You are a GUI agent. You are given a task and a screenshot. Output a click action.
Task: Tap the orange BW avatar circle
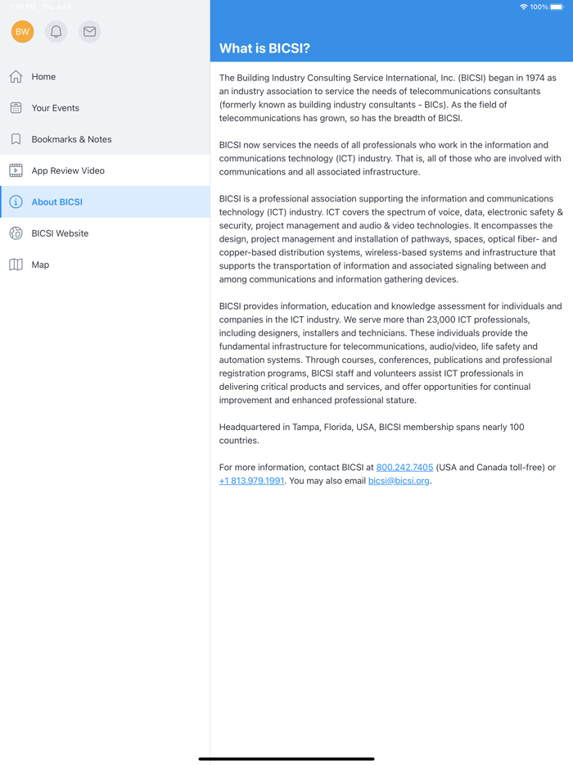click(x=23, y=32)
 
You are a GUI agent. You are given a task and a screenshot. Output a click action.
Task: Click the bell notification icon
click(x=56, y=32)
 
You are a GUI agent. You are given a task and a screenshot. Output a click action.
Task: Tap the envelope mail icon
click(x=90, y=32)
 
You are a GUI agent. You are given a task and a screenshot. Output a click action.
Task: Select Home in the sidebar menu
click(x=43, y=77)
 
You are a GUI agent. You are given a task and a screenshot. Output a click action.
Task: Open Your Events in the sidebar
click(x=55, y=108)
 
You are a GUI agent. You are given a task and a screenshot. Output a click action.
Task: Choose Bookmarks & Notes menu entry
click(x=71, y=139)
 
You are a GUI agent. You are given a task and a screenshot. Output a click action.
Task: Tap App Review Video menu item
click(x=68, y=171)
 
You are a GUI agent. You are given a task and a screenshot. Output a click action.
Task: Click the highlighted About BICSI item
click(x=57, y=202)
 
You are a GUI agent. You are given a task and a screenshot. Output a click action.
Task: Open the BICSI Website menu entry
click(x=60, y=233)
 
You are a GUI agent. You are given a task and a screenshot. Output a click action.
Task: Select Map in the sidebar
click(x=40, y=265)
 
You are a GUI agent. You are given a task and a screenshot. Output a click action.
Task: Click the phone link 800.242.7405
click(x=404, y=468)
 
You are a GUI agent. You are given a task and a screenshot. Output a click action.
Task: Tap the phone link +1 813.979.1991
click(x=251, y=481)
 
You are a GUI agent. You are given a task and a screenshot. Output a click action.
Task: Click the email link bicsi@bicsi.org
click(x=399, y=481)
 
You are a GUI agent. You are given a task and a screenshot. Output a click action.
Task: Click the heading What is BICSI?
click(x=264, y=48)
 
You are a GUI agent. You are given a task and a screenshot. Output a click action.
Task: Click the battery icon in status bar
click(x=557, y=7)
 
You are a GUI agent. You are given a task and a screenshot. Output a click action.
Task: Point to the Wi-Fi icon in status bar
click(x=523, y=7)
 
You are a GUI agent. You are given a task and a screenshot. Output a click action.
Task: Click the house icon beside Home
click(x=16, y=77)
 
